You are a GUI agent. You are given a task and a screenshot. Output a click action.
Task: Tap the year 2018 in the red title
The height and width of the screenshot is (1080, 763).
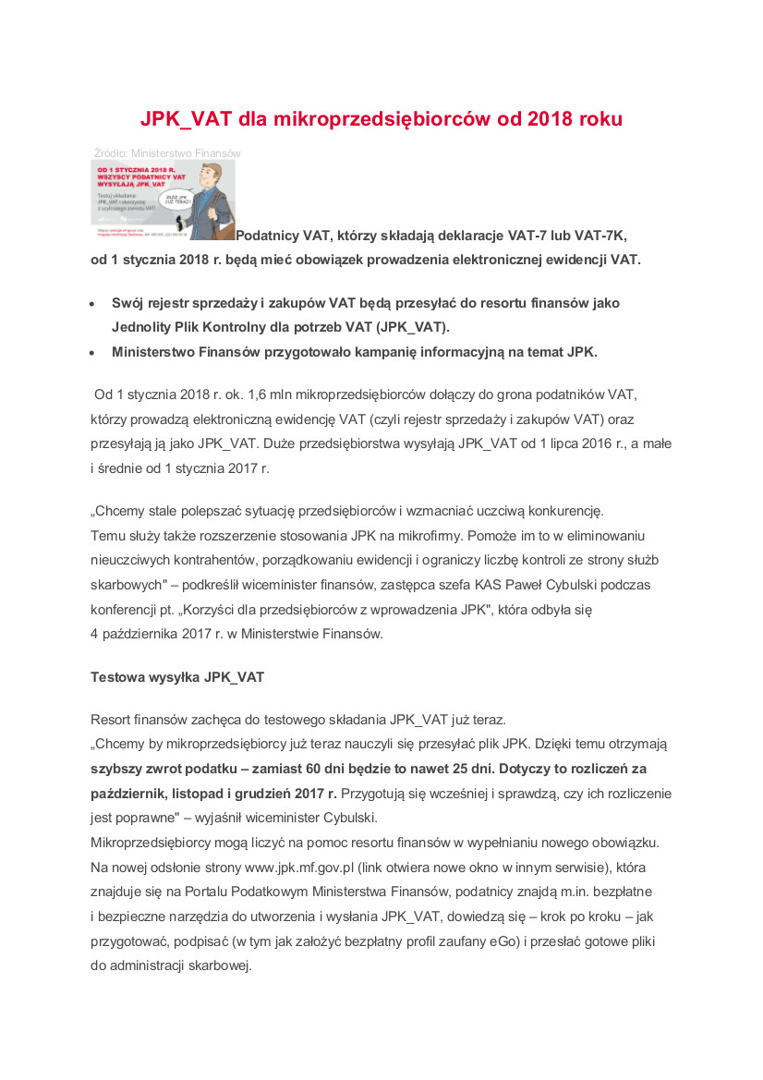551,119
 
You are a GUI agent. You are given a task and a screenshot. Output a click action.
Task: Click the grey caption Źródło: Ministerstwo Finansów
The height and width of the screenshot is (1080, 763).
166,152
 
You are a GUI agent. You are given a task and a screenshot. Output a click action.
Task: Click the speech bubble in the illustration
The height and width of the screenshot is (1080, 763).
177,199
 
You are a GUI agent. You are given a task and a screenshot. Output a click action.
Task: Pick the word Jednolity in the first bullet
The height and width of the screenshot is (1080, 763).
139,327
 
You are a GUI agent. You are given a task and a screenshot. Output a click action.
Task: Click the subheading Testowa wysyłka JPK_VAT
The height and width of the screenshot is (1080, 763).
177,677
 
